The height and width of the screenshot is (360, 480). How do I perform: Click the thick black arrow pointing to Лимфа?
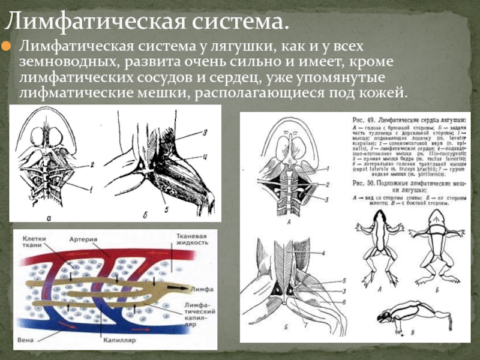tap(176, 289)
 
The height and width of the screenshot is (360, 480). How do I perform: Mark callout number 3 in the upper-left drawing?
tap(205, 133)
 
